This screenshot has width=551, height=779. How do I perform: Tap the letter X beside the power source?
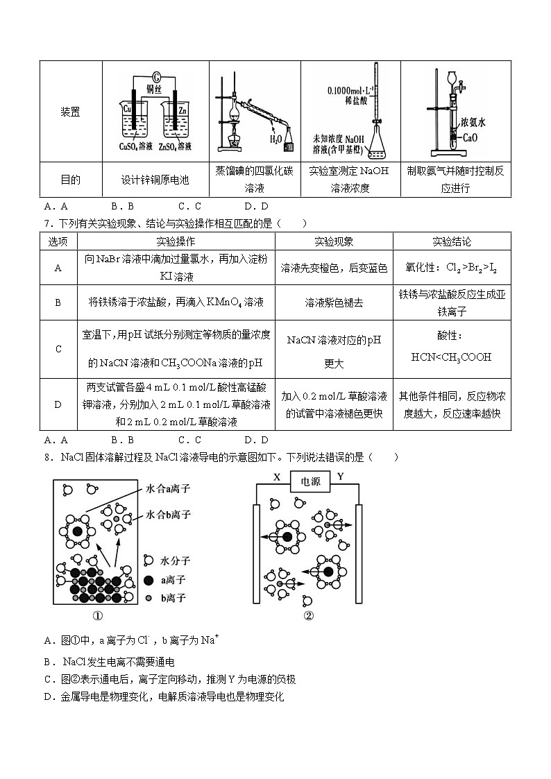pos(276,477)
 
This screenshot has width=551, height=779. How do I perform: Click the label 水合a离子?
pos(168,489)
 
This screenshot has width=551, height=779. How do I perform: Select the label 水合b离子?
pos(168,515)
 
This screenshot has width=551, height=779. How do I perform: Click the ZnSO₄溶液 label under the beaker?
pos(175,146)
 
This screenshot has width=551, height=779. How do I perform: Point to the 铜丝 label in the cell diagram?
pos(154,88)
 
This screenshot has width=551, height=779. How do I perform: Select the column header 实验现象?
pos(334,241)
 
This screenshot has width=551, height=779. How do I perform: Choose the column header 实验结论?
pos(451,241)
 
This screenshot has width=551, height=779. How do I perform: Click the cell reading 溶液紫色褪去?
pos(334,302)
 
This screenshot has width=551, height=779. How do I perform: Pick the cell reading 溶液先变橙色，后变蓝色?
pos(334,268)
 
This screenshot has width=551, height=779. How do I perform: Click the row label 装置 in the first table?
pos(70,112)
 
